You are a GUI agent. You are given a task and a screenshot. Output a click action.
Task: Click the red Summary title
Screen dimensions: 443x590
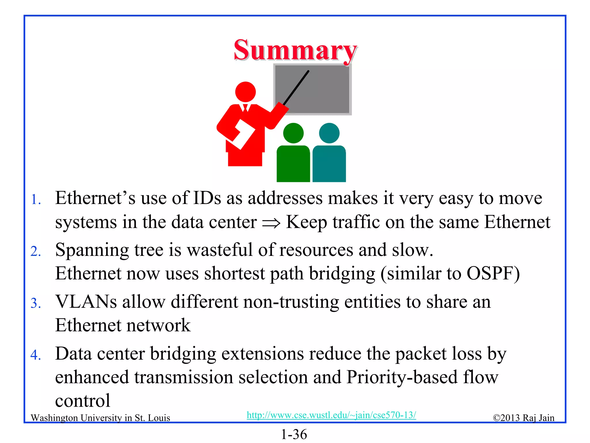pyautogui.click(x=295, y=50)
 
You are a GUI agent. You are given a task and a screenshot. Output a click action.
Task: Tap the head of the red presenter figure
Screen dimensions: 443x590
pyautogui.click(x=245, y=92)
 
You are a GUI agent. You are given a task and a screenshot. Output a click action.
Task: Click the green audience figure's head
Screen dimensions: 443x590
pyautogui.click(x=293, y=133)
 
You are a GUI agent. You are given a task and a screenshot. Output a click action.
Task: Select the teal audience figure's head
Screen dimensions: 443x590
pyautogui.click(x=329, y=133)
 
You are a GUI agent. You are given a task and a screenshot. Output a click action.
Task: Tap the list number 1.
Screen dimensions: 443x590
pyautogui.click(x=36, y=200)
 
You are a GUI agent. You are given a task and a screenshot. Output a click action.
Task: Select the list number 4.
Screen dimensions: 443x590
pyautogui.click(x=36, y=355)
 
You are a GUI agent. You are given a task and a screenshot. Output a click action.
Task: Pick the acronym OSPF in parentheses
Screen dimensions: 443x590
pyautogui.click(x=490, y=273)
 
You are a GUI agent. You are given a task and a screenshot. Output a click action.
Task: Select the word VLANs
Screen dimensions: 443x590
pyautogui.click(x=86, y=302)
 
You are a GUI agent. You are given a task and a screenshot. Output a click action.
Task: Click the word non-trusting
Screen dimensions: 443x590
pyautogui.click(x=291, y=302)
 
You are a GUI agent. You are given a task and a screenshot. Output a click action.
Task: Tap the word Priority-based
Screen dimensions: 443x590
pyautogui.click(x=402, y=377)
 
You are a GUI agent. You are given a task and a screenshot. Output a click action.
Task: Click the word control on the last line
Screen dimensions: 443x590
pyautogui.click(x=83, y=401)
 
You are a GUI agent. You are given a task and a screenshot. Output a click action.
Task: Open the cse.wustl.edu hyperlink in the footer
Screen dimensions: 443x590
pyautogui.click(x=331, y=415)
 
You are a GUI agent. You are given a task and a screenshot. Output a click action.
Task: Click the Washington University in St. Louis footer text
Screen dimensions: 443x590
pyautogui.click(x=100, y=418)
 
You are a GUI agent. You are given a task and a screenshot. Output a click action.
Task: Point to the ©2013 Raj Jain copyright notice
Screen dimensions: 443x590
pyautogui.click(x=523, y=418)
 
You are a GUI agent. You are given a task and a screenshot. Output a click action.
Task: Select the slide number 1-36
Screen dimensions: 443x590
pyautogui.click(x=294, y=434)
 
